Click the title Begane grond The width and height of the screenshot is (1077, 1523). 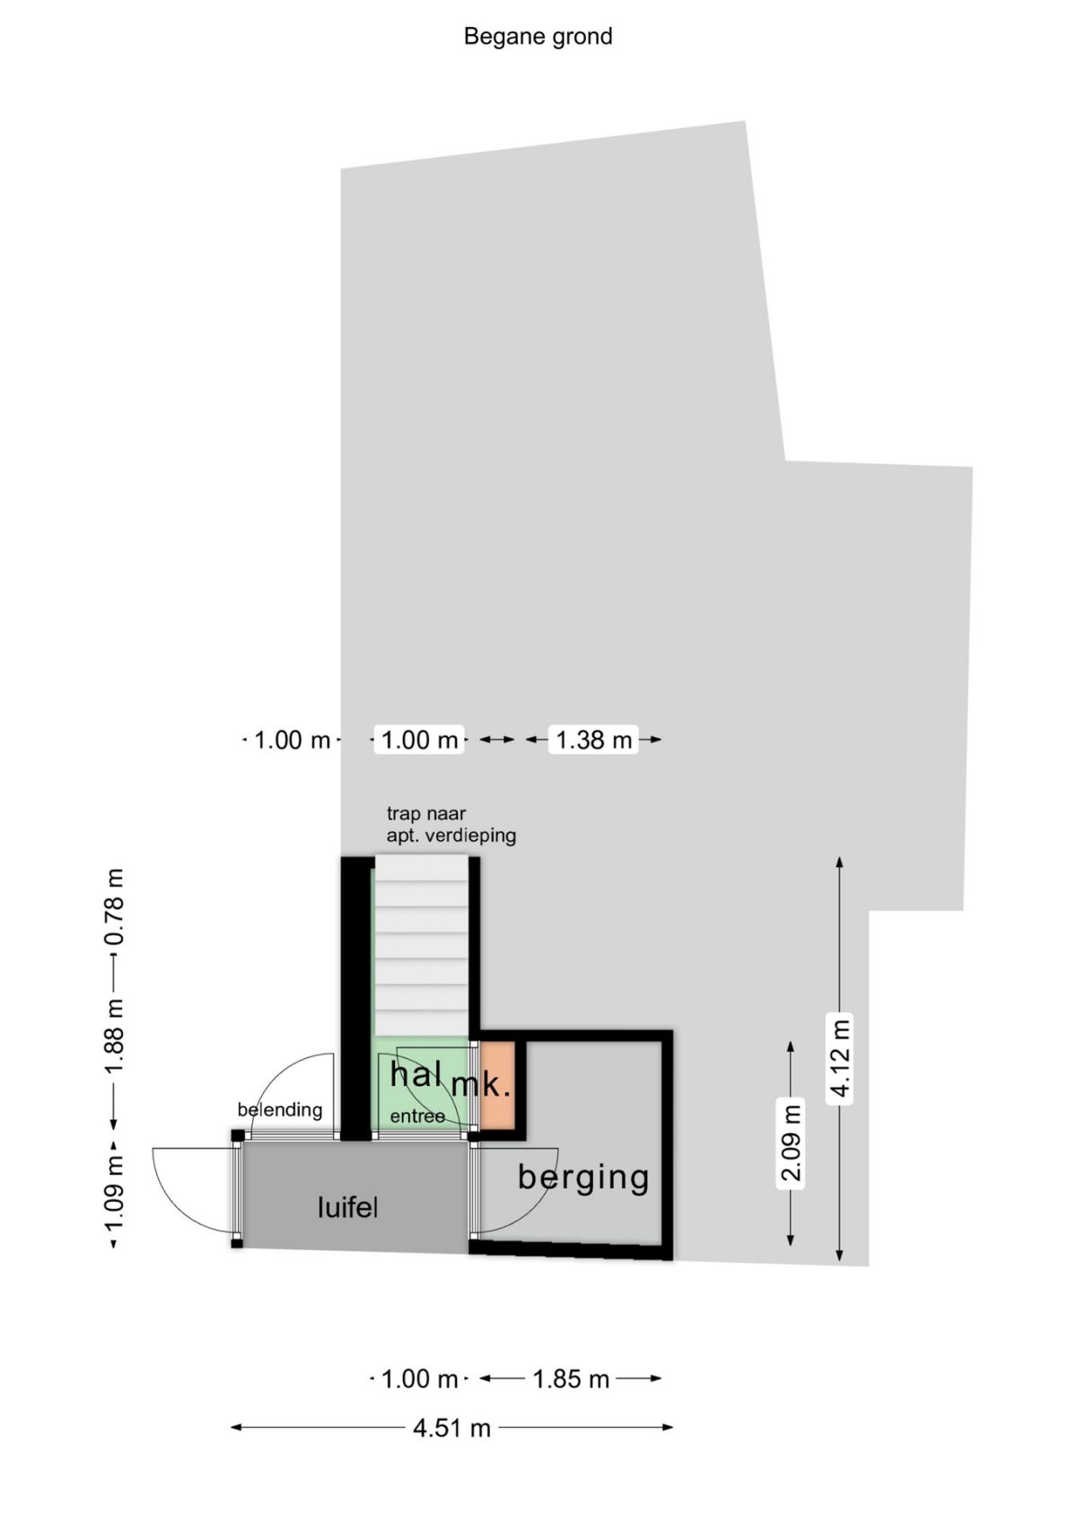(538, 37)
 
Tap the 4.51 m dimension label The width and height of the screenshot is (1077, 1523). (451, 1428)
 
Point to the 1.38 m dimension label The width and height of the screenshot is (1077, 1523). (593, 739)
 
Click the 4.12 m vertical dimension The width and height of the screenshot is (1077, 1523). (840, 1056)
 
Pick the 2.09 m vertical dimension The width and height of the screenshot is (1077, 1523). (791, 1143)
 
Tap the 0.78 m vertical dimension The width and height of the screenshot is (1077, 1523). (114, 906)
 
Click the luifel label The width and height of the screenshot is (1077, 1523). (347, 1207)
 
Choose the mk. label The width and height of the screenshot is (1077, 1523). (481, 1083)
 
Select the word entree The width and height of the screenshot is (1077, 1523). (417, 1116)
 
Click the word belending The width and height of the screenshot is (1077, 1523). (279, 1109)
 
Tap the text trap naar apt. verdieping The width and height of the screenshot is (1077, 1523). (451, 825)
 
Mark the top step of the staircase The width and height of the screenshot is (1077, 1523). (422, 868)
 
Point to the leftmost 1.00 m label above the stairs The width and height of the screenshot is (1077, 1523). (292, 739)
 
